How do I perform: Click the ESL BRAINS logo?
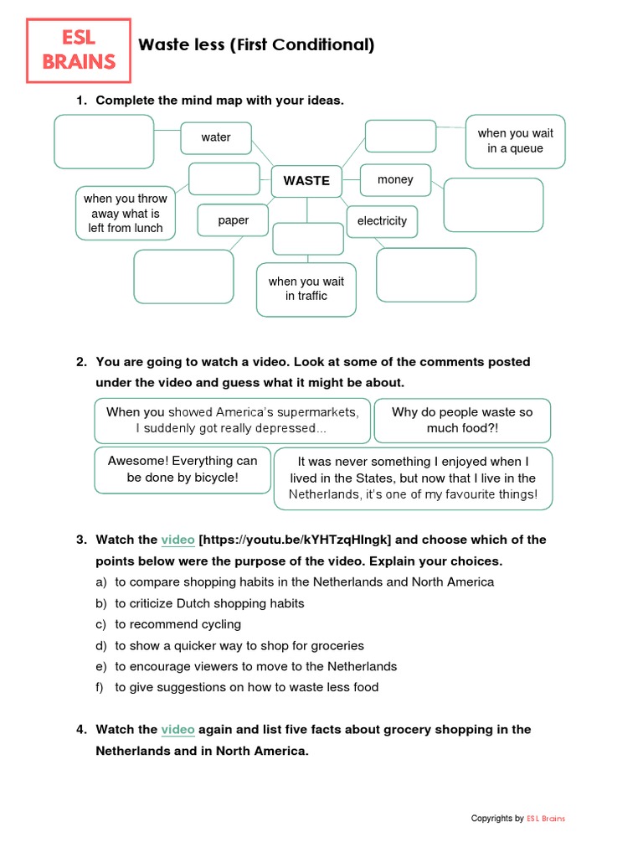[x=79, y=50]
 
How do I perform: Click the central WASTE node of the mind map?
[x=306, y=180]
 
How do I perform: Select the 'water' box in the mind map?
[x=216, y=137]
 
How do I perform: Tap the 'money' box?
[x=395, y=179]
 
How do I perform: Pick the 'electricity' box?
[x=382, y=221]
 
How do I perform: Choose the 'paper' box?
[x=233, y=220]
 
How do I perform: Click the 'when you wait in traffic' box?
[x=306, y=289]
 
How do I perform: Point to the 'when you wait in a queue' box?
[x=515, y=141]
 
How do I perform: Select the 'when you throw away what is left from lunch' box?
[x=125, y=213]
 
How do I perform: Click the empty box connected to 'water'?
[x=104, y=142]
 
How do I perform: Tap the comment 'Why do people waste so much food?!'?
[x=462, y=421]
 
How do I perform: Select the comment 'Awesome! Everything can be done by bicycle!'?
[x=183, y=469]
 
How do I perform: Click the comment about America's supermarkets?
[x=232, y=421]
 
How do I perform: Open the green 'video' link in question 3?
[x=177, y=540]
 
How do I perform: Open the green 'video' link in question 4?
[x=177, y=730]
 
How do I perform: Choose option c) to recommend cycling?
[x=177, y=624]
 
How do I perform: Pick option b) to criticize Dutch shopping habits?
[x=209, y=603]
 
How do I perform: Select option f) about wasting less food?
[x=246, y=687]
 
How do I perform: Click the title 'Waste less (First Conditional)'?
[x=256, y=45]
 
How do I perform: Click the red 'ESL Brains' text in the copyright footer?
[x=546, y=819]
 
